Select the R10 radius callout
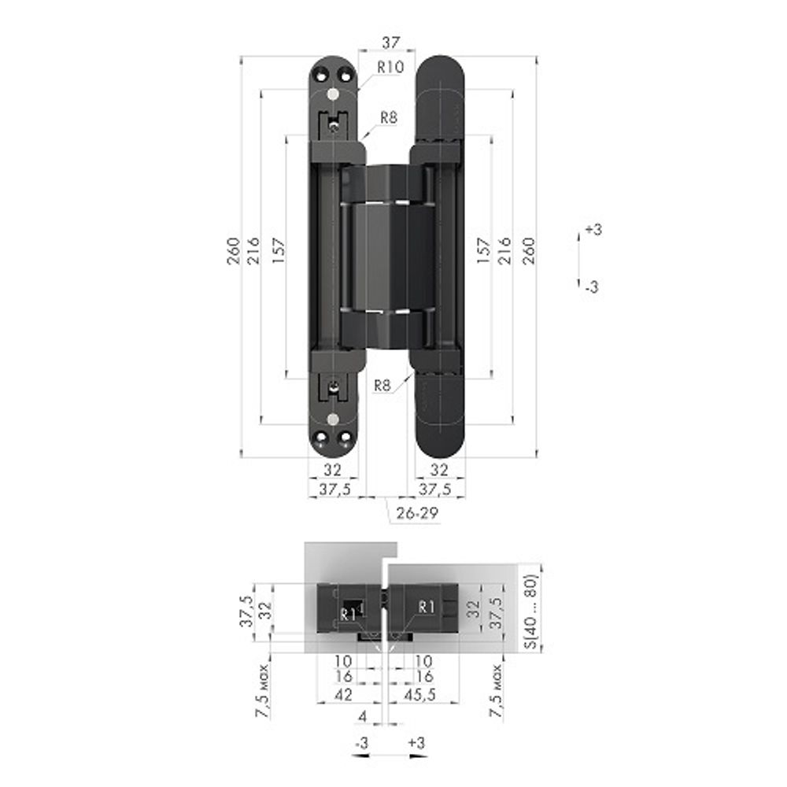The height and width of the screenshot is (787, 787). tap(390, 68)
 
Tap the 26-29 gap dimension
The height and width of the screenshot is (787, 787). tap(417, 514)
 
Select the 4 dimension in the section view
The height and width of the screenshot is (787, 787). tap(363, 718)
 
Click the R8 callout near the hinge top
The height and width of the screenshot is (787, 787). tap(389, 117)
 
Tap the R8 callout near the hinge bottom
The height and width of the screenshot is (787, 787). tap(382, 385)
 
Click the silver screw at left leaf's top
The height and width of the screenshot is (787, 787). tap(334, 94)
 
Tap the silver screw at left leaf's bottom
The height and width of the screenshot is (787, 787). tap(334, 417)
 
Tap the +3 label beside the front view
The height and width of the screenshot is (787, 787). tap(593, 230)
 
